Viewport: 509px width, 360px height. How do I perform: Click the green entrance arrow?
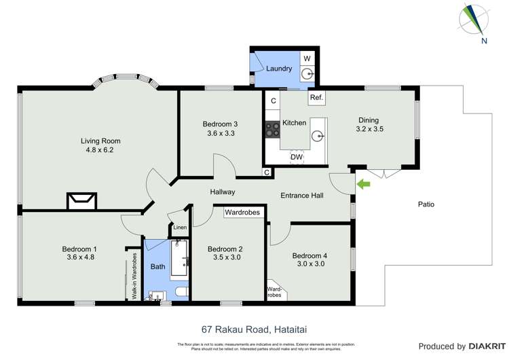click(x=364, y=183)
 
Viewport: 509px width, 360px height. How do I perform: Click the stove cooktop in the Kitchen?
click(x=273, y=129)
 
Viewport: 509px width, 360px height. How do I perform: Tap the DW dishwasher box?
click(x=296, y=158)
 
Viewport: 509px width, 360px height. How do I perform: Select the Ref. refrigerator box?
click(x=316, y=98)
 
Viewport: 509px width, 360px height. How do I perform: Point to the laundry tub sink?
click(x=307, y=73)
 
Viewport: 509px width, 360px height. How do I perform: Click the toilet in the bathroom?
click(x=181, y=291)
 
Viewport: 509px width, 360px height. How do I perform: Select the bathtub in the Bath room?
click(x=179, y=258)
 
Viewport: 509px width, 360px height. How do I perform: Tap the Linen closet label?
click(x=179, y=228)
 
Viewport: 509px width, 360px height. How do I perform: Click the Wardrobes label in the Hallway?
click(x=242, y=213)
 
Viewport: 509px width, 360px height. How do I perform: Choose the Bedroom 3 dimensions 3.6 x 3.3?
click(x=220, y=134)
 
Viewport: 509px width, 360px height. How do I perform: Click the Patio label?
click(x=426, y=204)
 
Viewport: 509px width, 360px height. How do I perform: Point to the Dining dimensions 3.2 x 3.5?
click(x=371, y=128)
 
